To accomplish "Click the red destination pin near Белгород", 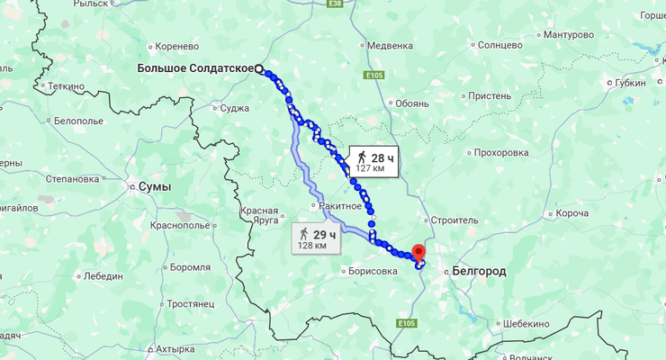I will (418, 253).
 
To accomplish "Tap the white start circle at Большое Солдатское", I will (259, 68).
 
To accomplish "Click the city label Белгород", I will (479, 270).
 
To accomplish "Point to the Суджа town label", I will (234, 108).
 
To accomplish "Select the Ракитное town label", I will (341, 205).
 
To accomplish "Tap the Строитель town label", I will (454, 219).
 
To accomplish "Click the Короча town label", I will (571, 212).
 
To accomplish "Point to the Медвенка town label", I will (391, 44).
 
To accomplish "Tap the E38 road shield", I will (336, 4).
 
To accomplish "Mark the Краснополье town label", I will (180, 224).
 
